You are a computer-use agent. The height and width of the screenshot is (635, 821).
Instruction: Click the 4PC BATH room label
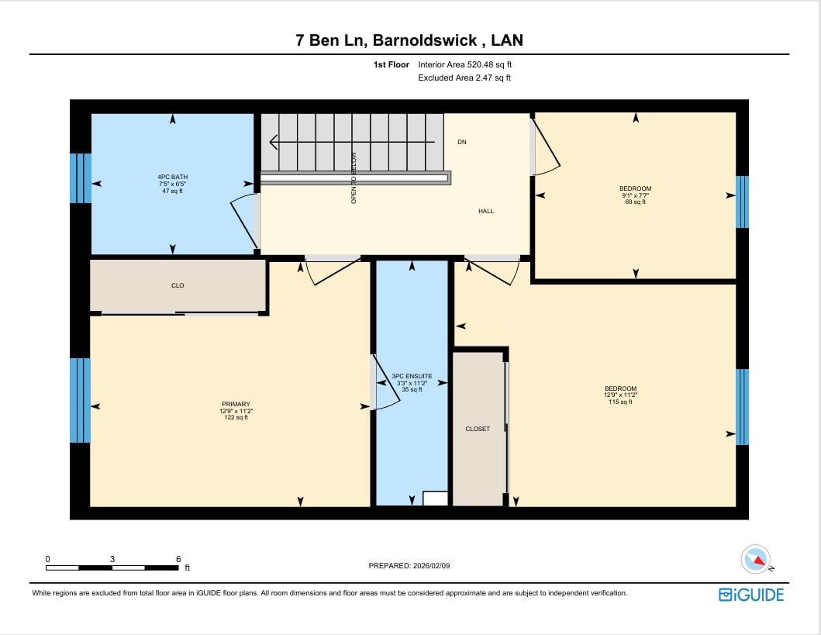(x=173, y=184)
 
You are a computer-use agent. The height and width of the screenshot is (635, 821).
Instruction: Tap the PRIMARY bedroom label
(x=236, y=410)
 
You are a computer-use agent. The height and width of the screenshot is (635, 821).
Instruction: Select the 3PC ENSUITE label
(x=412, y=383)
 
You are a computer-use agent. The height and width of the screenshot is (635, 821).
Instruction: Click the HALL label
(x=486, y=211)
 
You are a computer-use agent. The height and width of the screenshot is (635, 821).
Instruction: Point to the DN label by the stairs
(x=462, y=142)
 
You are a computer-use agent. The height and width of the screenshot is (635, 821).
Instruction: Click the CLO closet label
(x=178, y=285)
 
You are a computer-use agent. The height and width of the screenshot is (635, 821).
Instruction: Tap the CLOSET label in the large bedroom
(x=478, y=429)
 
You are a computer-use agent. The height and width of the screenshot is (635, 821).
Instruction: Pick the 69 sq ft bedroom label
(x=635, y=195)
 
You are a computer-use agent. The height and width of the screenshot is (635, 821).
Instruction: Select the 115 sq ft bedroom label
(x=620, y=395)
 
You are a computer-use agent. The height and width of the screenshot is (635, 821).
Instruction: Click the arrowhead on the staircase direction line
(x=274, y=142)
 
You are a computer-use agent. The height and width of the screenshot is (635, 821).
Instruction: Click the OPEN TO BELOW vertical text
(x=354, y=178)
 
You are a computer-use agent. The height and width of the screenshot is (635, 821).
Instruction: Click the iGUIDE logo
(x=750, y=595)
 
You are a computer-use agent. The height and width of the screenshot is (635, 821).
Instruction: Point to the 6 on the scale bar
(x=178, y=559)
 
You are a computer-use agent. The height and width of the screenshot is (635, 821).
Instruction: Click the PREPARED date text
(x=409, y=565)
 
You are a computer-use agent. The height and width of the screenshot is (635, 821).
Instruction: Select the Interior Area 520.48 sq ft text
(x=465, y=64)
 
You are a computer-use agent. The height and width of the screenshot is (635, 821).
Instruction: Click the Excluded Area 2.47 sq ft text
(x=464, y=78)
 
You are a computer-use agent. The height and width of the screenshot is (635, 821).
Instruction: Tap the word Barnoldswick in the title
(x=425, y=40)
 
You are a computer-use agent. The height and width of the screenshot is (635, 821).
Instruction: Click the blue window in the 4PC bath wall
(x=81, y=178)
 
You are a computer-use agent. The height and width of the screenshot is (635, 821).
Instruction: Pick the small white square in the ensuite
(x=435, y=499)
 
